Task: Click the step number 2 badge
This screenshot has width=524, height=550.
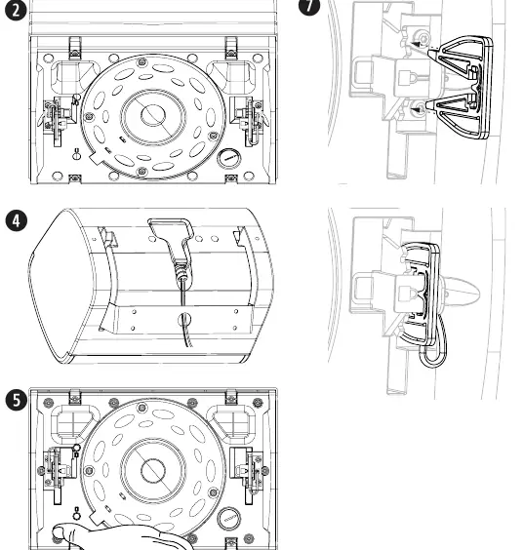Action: point(16,10)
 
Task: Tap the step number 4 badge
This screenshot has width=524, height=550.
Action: point(17,221)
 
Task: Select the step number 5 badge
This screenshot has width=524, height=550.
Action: point(17,400)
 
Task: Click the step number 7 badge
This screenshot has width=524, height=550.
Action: point(309,5)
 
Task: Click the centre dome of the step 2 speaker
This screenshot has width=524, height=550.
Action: point(153,115)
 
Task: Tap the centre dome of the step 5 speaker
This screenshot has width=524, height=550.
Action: point(153,470)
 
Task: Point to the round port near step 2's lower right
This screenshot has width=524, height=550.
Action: point(229,159)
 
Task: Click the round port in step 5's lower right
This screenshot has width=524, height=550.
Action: point(229,519)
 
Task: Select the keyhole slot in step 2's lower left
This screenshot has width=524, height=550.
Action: point(77,154)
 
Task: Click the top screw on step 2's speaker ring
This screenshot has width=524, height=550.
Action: point(141,62)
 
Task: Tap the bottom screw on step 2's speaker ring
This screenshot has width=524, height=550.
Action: point(141,172)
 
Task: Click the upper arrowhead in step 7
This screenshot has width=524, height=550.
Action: point(416,45)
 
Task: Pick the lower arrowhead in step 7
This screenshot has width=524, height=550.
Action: point(416,110)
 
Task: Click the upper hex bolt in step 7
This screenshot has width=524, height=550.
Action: point(423,37)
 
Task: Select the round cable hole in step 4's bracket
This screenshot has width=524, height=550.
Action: point(184,319)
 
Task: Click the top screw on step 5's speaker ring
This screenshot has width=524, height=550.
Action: point(141,408)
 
